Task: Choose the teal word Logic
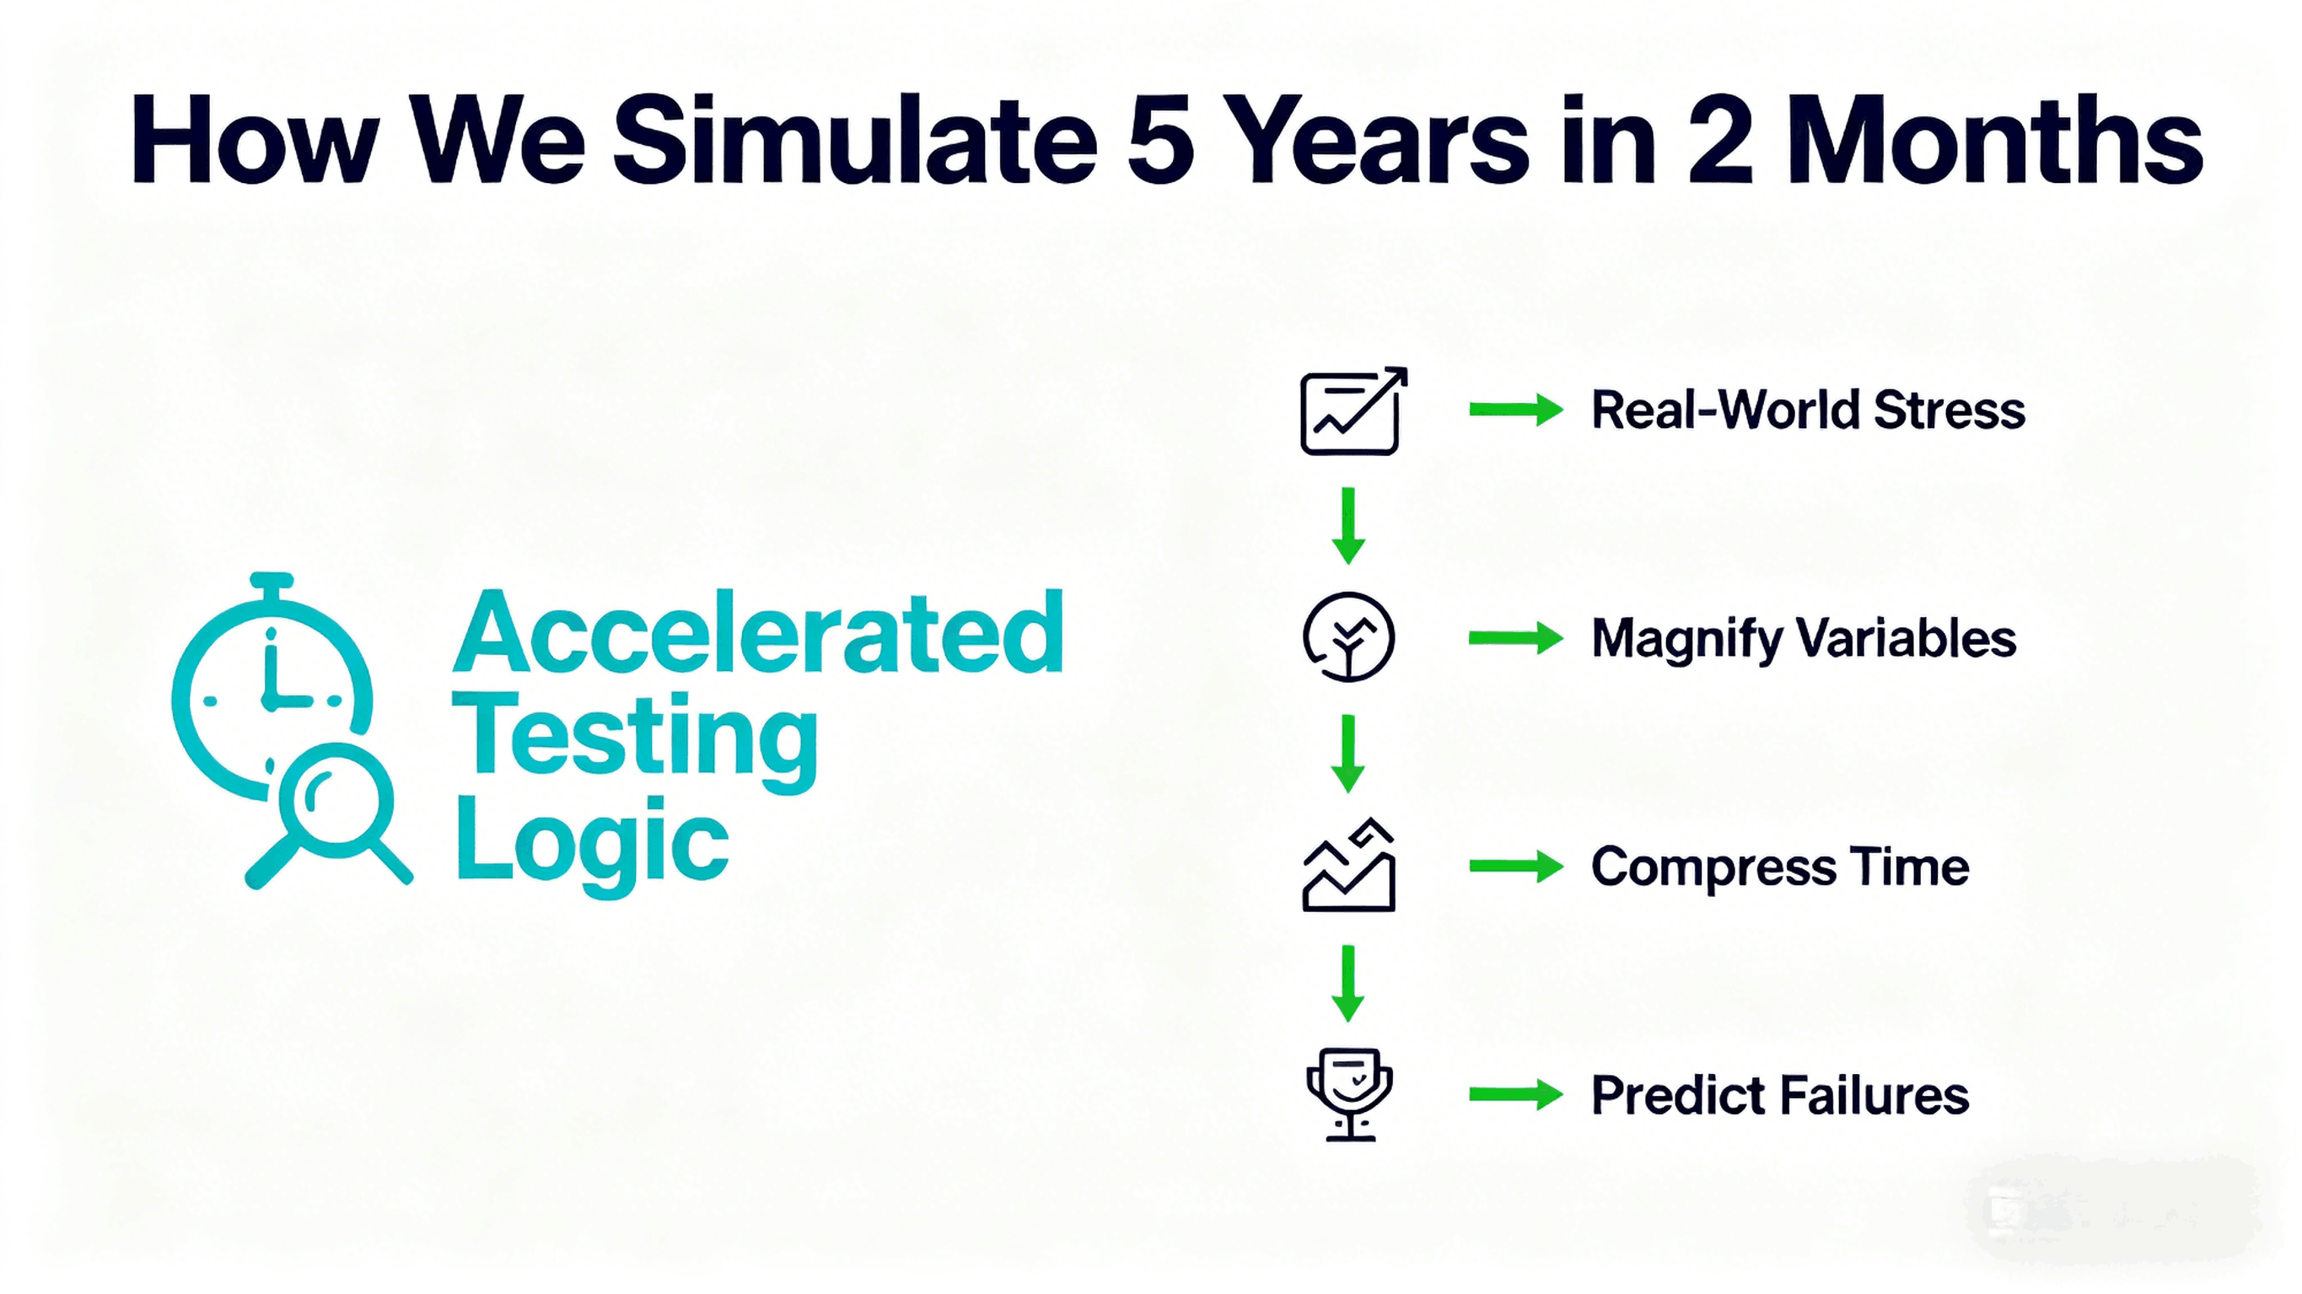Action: tap(593, 845)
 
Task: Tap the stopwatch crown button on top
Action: tap(272, 582)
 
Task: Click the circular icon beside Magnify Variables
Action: tap(1348, 638)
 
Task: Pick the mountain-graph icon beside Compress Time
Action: tap(1348, 865)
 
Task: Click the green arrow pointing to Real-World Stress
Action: tap(1516, 411)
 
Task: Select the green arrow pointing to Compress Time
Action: tap(1516, 866)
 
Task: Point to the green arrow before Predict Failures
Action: tap(1516, 1094)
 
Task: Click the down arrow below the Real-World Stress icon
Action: tap(1348, 525)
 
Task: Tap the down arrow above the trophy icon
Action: tap(1347, 983)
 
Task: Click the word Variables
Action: tap(1907, 639)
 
